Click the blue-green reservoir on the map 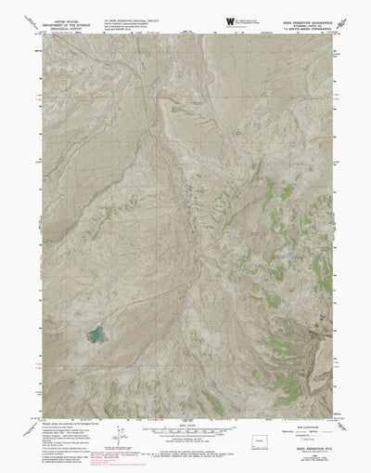[96, 333]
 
